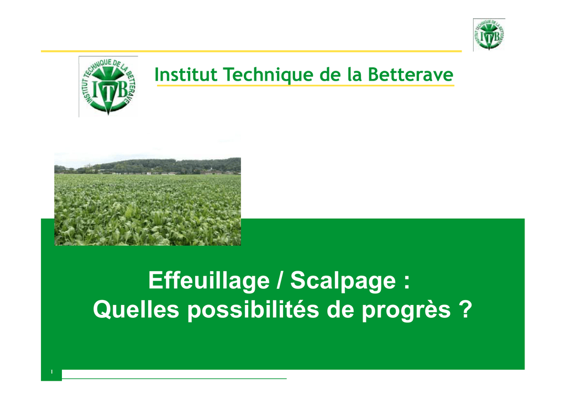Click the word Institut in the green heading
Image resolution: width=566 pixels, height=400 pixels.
[186, 75]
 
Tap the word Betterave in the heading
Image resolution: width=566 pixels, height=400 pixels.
[411, 75]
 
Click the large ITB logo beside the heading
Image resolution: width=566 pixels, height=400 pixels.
[108, 87]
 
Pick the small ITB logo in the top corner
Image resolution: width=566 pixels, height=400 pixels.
[489, 35]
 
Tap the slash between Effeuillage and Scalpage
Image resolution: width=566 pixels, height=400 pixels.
[280, 280]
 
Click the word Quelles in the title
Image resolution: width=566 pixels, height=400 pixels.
[136, 309]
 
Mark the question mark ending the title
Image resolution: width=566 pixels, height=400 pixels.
[466, 309]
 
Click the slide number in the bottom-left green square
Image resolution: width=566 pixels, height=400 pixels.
[51, 371]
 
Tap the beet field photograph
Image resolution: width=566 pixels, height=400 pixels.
[148, 199]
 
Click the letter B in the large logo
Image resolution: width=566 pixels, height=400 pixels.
[122, 89]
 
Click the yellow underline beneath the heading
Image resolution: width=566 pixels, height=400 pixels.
[305, 86]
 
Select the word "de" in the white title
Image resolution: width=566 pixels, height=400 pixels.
[340, 309]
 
